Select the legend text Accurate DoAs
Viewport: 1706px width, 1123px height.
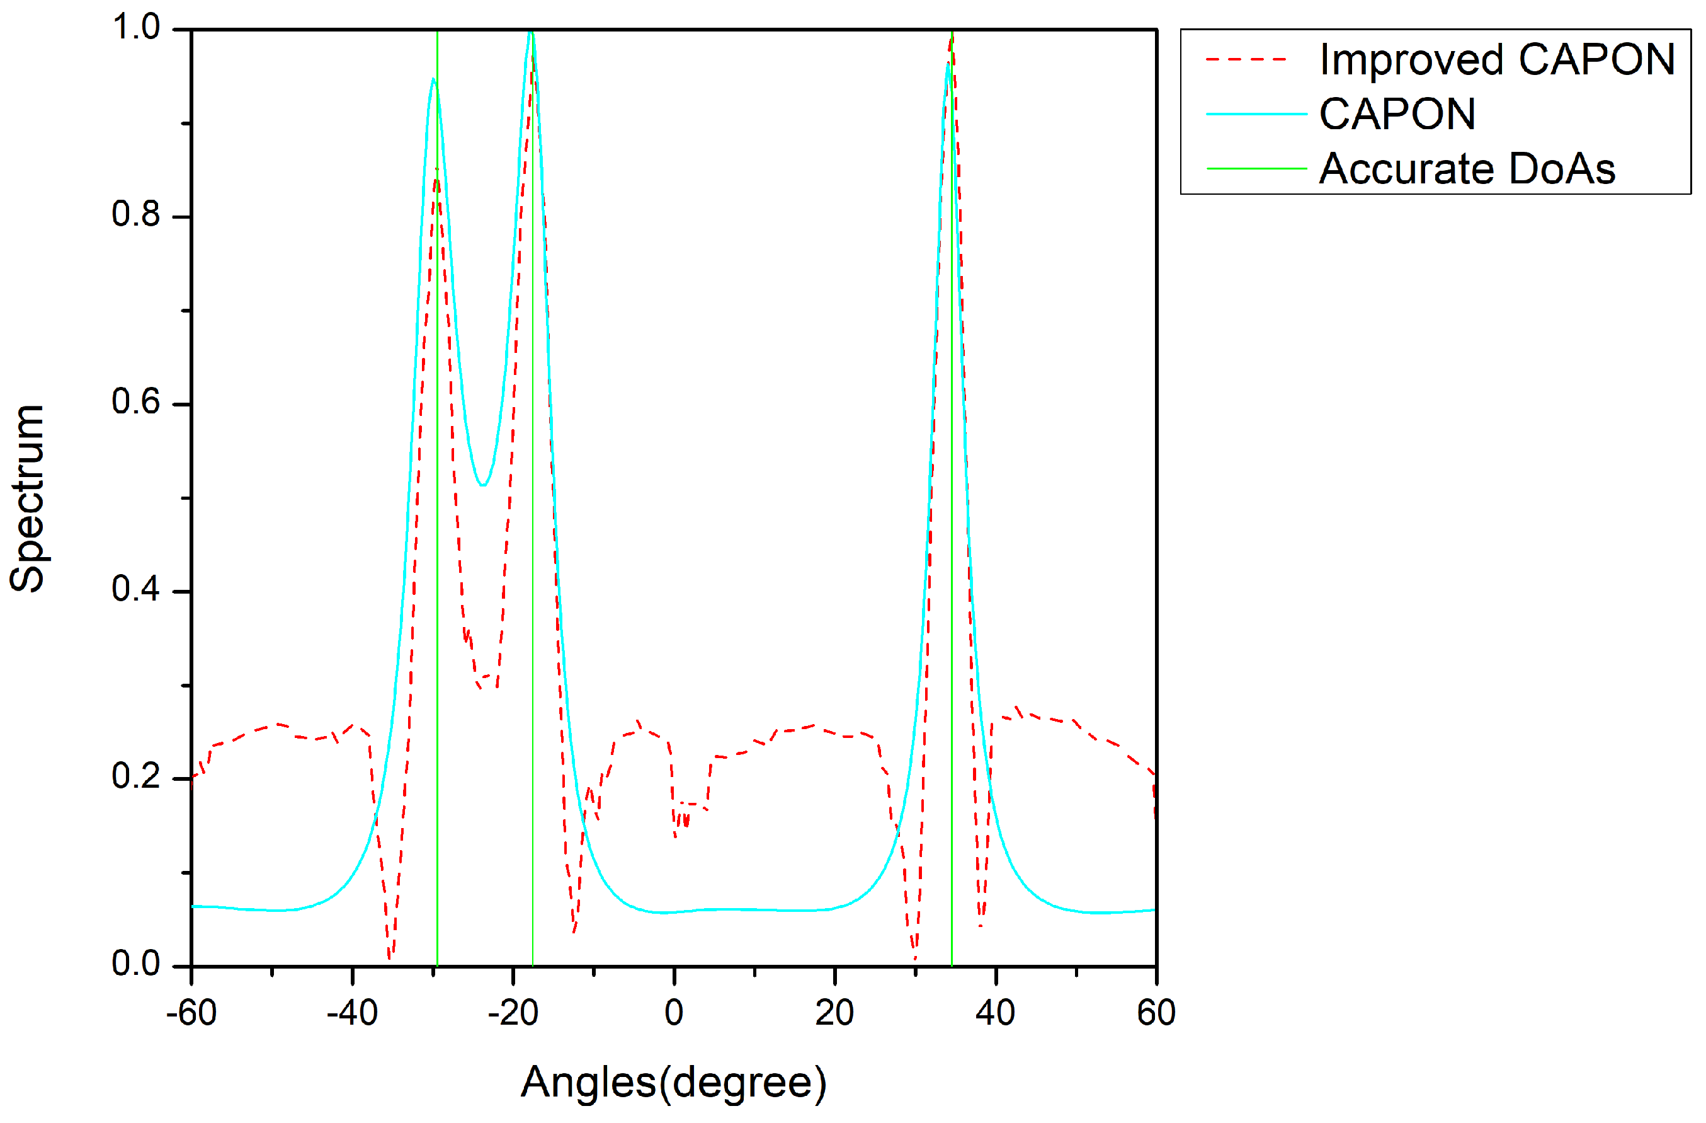pyautogui.click(x=1467, y=170)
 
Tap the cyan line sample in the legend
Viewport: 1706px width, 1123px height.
pyautogui.click(x=1256, y=114)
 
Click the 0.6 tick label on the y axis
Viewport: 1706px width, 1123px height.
pyautogui.click(x=135, y=401)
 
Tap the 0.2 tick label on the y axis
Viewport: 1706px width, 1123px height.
pyautogui.click(x=135, y=776)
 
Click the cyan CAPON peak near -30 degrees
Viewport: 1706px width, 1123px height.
pyautogui.click(x=433, y=79)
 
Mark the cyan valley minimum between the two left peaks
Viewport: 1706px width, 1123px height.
pyautogui.click(x=484, y=485)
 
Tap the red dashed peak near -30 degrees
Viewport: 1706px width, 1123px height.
pyautogui.click(x=436, y=171)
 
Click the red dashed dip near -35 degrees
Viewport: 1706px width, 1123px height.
pyautogui.click(x=390, y=955)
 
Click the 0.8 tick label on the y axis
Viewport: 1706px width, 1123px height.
pyautogui.click(x=135, y=214)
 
